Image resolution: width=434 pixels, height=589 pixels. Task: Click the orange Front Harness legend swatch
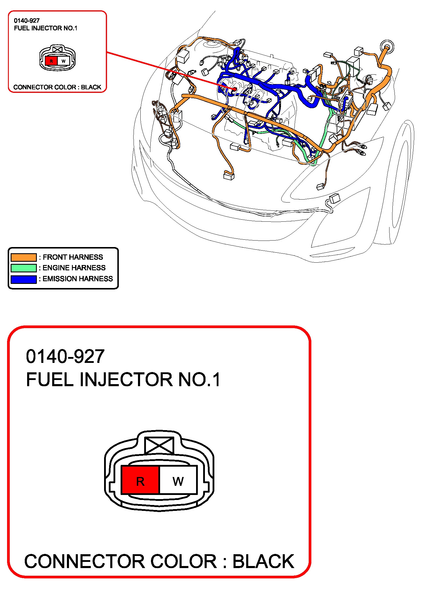pos(24,257)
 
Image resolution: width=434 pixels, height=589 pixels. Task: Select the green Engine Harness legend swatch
pos(24,268)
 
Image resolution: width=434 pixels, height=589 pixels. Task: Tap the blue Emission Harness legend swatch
pos(24,279)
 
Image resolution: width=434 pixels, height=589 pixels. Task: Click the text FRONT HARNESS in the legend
pos(73,257)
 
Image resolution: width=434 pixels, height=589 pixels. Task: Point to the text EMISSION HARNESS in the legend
pos(78,279)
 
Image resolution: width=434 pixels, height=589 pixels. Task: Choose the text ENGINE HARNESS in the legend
pos(74,268)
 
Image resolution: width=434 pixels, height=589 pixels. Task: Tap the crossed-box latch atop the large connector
pos(159,445)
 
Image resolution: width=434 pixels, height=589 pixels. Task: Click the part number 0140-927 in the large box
pos(65,356)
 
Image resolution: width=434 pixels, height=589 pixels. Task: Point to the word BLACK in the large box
pos(263,562)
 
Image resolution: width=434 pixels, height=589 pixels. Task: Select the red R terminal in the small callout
pos(51,61)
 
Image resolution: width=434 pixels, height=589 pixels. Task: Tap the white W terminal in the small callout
pos(63,61)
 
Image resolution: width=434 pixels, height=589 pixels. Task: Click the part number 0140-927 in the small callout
pos(27,21)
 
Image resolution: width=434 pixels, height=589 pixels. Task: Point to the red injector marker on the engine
pos(235,88)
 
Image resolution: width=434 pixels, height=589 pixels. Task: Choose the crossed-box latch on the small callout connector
pos(57,49)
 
